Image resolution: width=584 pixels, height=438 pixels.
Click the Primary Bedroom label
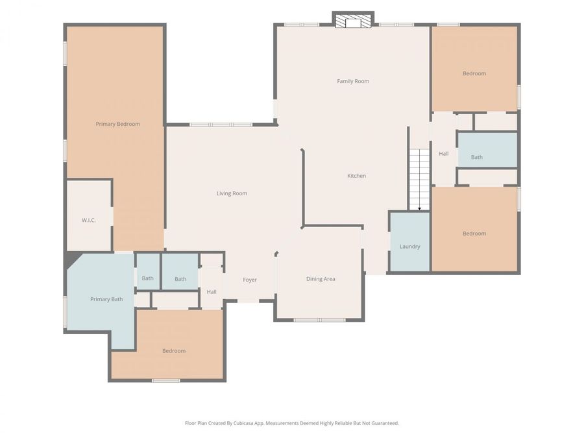[x=117, y=124]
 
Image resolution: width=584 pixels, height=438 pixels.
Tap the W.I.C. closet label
[x=89, y=221]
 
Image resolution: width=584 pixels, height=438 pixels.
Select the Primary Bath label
[x=106, y=299]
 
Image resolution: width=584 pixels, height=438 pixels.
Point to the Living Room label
[x=232, y=193]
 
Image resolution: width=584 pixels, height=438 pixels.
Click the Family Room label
[x=353, y=81]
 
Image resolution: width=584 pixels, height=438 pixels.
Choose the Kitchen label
[x=356, y=176]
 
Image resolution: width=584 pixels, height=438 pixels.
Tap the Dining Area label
[x=321, y=279]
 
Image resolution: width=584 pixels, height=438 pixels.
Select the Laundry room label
[x=409, y=247]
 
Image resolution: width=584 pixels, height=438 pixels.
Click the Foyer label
[x=250, y=280]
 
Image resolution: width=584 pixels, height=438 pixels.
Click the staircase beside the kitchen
[x=419, y=178]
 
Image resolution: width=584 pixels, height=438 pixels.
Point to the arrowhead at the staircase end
[x=419, y=208]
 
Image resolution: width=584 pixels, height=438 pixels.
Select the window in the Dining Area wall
[x=319, y=320]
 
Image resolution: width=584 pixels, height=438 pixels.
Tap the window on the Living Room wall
[x=221, y=125]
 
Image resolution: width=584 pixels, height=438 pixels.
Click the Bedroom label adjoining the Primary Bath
[x=174, y=351]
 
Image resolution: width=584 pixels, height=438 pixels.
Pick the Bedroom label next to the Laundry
[x=474, y=234]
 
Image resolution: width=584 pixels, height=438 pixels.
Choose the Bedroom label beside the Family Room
[x=474, y=73]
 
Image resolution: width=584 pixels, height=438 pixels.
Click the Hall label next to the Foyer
[x=212, y=292]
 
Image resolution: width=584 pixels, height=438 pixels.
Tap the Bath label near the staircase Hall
[x=477, y=157]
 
